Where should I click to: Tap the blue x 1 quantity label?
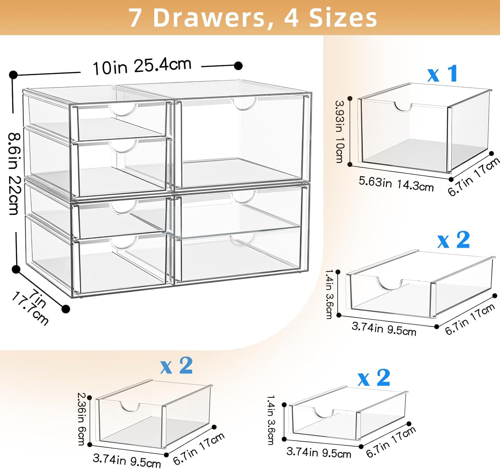coord(443,73)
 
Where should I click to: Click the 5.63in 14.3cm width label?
coord(396,184)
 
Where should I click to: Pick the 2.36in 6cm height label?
coord(82,419)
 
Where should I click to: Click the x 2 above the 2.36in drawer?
coord(176,366)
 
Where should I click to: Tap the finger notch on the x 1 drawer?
coord(403,107)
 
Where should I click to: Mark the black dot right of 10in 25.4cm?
coord(238,66)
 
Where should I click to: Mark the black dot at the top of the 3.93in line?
coord(350,98)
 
